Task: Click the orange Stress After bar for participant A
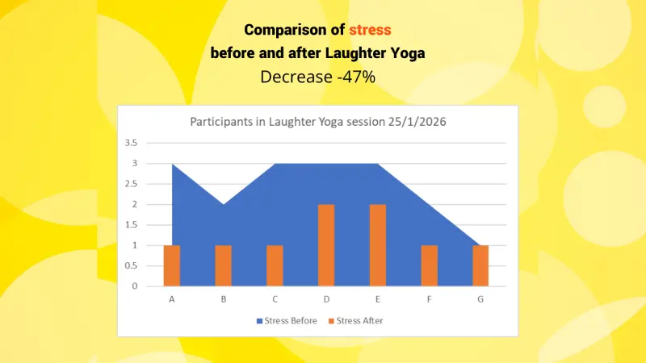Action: pos(172,265)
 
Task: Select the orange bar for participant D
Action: pos(326,245)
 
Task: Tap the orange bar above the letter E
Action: pos(378,245)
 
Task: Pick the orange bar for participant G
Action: pos(480,265)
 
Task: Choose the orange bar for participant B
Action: pos(224,265)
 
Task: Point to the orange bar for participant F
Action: pos(430,265)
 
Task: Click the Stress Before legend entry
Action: pos(287,320)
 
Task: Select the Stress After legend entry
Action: pos(356,320)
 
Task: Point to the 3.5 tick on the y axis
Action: pos(131,143)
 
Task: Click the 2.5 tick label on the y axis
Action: pos(131,184)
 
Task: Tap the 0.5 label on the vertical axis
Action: pos(131,266)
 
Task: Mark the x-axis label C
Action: pos(275,299)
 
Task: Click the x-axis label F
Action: pos(430,299)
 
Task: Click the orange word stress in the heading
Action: pos(370,30)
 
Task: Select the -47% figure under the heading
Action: pos(356,77)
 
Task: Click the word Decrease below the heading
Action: pos(296,77)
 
